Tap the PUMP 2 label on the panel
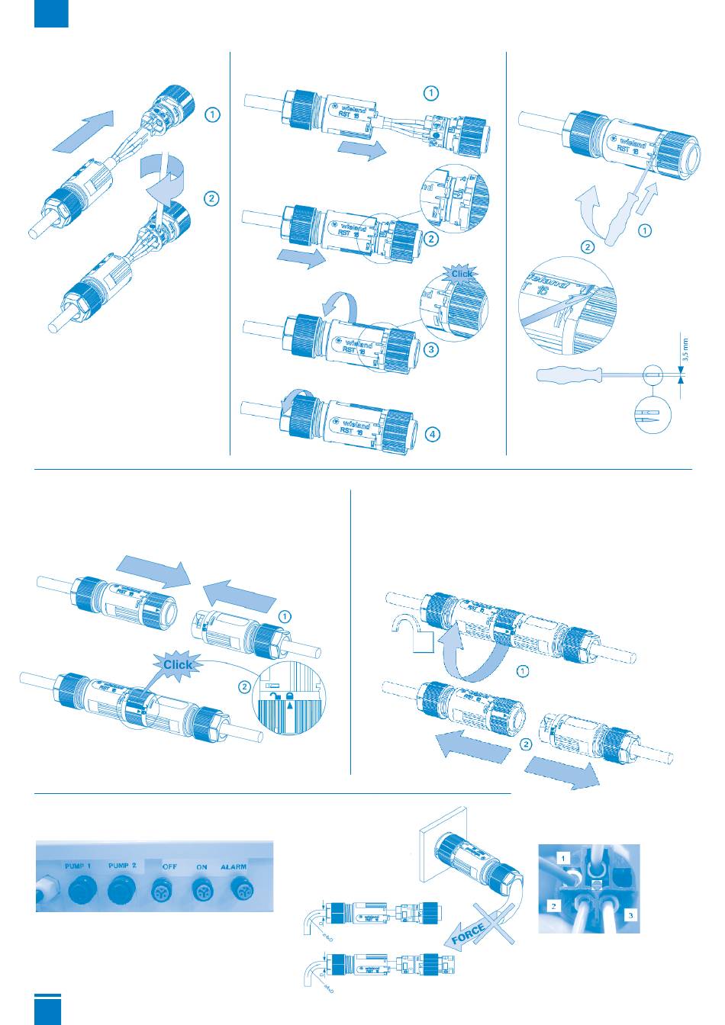(x=123, y=866)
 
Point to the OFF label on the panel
(x=170, y=867)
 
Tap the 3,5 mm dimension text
(x=685, y=353)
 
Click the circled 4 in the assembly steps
(x=432, y=435)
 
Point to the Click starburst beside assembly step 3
(x=462, y=274)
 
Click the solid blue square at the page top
(x=51, y=14)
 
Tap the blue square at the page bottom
(x=47, y=1010)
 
